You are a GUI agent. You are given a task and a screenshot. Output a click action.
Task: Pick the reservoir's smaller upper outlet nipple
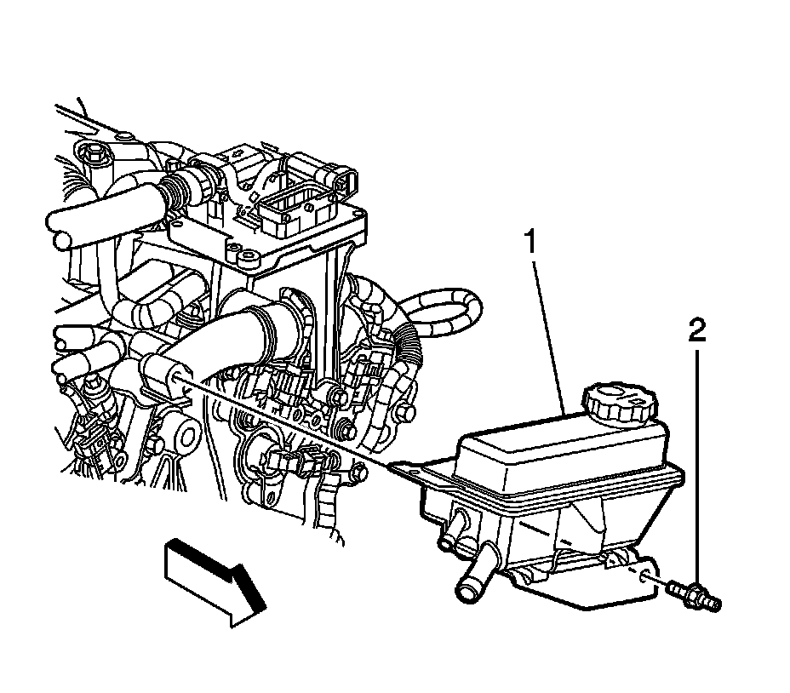tap(449, 541)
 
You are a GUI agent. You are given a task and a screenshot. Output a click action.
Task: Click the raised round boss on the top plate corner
tap(249, 255)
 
